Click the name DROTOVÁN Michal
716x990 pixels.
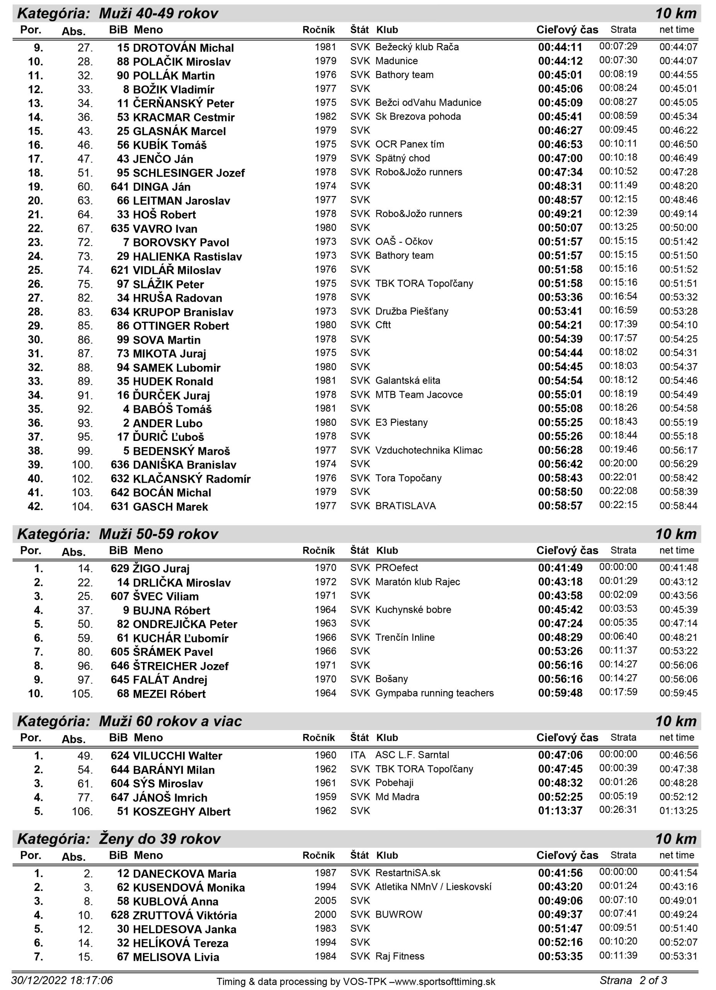tap(183, 48)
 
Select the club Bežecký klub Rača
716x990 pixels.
tap(417, 47)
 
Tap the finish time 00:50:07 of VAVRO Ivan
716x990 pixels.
tap(560, 228)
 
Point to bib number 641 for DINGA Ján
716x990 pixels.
tap(120, 187)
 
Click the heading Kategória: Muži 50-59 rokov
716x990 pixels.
tap(118, 534)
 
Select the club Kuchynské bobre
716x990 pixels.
tap(413, 609)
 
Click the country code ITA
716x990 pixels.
tap(357, 755)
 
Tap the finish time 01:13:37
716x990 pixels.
tap(560, 811)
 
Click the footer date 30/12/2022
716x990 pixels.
tap(39, 980)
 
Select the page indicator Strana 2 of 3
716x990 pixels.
tap(633, 980)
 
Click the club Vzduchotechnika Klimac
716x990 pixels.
tap(429, 450)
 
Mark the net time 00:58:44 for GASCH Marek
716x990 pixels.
tap(678, 506)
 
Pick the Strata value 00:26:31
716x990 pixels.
tap(618, 810)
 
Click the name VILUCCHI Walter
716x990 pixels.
tap(177, 756)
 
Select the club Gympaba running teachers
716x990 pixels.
tap(434, 693)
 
